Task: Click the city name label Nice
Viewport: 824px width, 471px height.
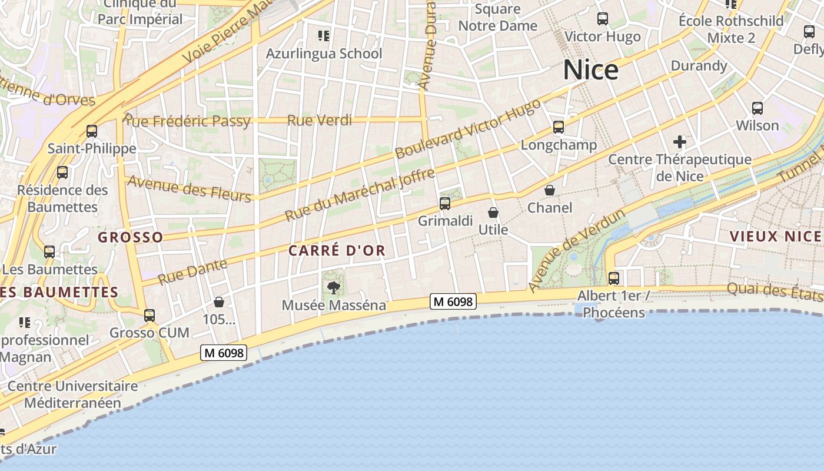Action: click(591, 70)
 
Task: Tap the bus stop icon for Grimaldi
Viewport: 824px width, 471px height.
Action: click(445, 204)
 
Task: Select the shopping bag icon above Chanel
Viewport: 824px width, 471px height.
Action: click(549, 190)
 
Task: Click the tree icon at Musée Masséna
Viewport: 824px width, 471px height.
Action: click(334, 288)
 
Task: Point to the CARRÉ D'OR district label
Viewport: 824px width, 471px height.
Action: click(337, 251)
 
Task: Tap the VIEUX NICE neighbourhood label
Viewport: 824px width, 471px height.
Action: click(775, 237)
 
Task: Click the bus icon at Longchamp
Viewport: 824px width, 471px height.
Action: click(559, 127)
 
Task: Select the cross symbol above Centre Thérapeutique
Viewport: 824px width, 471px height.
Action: click(680, 142)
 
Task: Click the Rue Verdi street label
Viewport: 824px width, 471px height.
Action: click(320, 121)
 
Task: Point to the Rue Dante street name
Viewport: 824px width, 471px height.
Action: click(192, 271)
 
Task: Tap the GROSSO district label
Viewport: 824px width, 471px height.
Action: click(130, 237)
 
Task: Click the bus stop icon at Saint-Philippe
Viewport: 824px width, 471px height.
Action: click(92, 131)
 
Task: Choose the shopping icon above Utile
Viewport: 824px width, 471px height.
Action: click(493, 213)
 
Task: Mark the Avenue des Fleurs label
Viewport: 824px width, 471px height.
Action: click(189, 188)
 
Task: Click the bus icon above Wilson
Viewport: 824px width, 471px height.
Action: click(757, 108)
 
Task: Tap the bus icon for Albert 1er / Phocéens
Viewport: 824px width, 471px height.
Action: click(614, 278)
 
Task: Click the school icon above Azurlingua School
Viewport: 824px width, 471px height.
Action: click(323, 36)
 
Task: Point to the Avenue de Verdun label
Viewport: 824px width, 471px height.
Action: click(576, 251)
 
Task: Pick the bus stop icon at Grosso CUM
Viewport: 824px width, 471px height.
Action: click(149, 316)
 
